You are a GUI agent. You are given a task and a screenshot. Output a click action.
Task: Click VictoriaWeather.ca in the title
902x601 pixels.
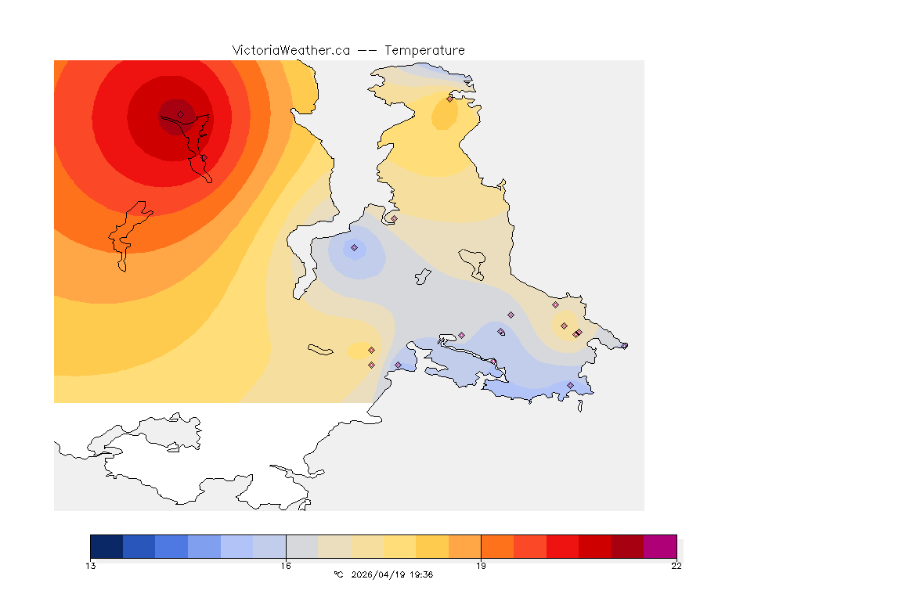[x=290, y=50]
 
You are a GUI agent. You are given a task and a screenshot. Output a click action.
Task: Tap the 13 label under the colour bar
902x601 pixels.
[x=91, y=566]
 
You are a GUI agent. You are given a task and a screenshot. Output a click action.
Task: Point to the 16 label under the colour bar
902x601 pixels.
[x=286, y=566]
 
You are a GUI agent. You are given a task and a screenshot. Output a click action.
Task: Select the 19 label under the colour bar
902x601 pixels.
[x=481, y=566]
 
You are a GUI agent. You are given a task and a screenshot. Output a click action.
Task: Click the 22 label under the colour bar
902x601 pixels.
[x=676, y=566]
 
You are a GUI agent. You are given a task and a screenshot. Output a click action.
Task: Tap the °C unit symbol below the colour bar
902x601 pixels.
[x=338, y=575]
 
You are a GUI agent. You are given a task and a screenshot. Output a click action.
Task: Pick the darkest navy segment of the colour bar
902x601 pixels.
[x=106, y=546]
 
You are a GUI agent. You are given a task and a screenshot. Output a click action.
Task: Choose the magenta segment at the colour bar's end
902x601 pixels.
[x=660, y=546]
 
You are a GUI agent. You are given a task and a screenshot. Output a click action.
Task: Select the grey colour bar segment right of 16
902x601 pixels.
[x=302, y=546]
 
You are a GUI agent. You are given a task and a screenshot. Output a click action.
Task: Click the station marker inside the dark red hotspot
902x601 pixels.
[x=180, y=114]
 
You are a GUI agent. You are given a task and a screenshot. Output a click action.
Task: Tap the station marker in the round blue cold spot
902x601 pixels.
[x=354, y=247]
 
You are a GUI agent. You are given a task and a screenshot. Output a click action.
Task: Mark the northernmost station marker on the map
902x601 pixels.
[x=449, y=99]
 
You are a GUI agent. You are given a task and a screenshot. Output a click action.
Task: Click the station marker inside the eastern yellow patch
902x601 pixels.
[x=564, y=326]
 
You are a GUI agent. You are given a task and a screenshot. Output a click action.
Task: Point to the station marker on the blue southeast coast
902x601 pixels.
[x=570, y=385]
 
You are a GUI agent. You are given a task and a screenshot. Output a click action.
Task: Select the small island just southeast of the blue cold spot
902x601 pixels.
[x=424, y=275]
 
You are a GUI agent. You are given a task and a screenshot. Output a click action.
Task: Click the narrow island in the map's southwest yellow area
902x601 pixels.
[x=321, y=350]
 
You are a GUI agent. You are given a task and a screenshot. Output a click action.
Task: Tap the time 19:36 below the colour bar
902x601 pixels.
[x=422, y=575]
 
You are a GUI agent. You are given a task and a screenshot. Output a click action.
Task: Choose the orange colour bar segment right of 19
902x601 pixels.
[x=497, y=546]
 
